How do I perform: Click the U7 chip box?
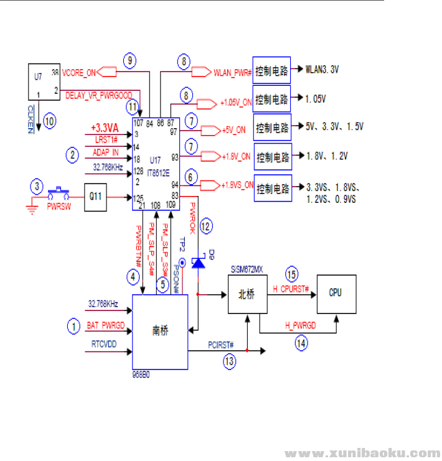coord(45,81)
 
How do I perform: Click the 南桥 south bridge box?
coord(160,332)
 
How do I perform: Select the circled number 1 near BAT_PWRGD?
coord(74,324)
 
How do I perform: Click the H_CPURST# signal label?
coord(291,289)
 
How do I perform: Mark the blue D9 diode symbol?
coord(198,263)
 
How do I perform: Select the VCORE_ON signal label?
coord(79,72)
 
